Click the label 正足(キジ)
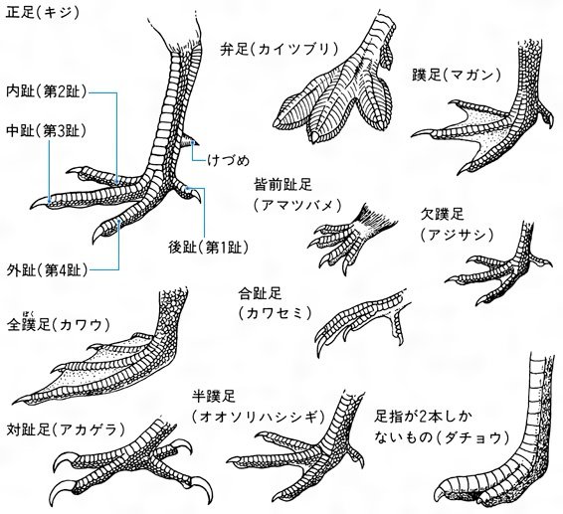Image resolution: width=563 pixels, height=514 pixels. (x=43, y=13)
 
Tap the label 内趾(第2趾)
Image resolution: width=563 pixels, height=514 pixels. (x=47, y=91)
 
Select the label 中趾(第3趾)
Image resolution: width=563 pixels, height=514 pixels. (x=47, y=131)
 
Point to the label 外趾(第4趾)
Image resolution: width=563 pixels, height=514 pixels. (x=47, y=269)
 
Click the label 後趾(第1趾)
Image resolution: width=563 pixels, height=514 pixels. (x=208, y=248)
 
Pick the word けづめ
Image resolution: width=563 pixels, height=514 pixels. (x=229, y=160)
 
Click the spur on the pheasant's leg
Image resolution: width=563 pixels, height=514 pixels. (x=190, y=140)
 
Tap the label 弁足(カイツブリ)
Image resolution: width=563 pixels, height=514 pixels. (x=280, y=49)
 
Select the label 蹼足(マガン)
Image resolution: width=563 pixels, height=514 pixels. (x=456, y=75)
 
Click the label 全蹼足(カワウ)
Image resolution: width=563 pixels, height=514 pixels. (x=59, y=325)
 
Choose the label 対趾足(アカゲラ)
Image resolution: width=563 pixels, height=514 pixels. (x=66, y=429)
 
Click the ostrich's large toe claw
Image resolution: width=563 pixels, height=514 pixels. (x=443, y=492)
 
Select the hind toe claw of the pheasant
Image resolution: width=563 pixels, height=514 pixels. (x=196, y=196)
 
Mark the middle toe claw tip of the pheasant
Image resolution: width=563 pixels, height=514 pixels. (x=31, y=208)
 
